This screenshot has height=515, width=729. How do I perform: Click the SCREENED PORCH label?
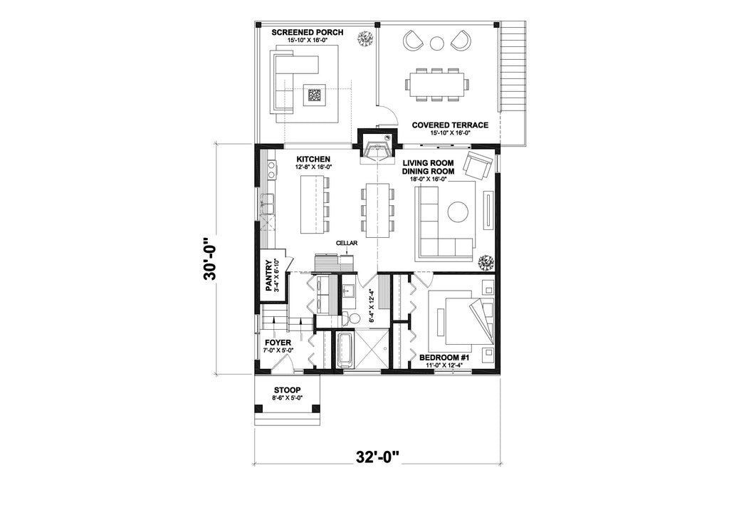(307, 33)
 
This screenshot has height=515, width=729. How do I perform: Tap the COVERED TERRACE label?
(450, 125)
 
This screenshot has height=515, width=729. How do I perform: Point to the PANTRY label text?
(270, 276)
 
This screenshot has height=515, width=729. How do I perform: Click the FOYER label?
(278, 342)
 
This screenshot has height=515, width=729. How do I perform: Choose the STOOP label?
(288, 390)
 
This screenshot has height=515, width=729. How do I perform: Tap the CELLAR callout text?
(347, 243)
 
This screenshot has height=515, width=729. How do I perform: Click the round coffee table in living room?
(457, 212)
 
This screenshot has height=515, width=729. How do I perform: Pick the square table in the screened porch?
(314, 94)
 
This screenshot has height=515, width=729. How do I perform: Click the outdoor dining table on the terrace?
(437, 83)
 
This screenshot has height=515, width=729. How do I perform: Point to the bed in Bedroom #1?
(462, 318)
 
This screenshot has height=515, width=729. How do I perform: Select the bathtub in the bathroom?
(345, 350)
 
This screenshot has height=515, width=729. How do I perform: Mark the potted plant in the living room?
(486, 263)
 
